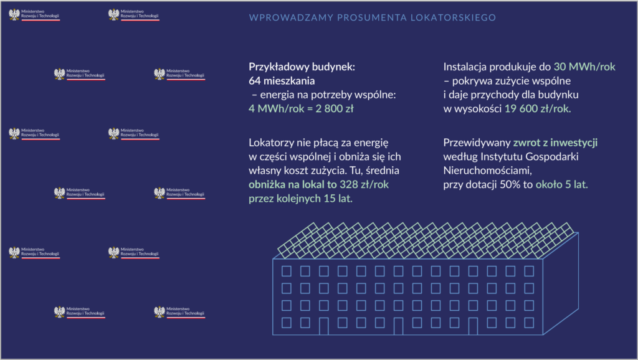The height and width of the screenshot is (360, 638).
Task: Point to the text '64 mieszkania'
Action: coord(282,80)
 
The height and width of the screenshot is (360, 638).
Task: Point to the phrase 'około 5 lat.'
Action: coord(562,185)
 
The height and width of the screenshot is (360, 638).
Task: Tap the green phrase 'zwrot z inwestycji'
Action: coord(556,143)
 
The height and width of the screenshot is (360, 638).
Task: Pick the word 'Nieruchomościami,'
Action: coord(488,171)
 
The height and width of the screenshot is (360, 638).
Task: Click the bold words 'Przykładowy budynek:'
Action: coord(302,67)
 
